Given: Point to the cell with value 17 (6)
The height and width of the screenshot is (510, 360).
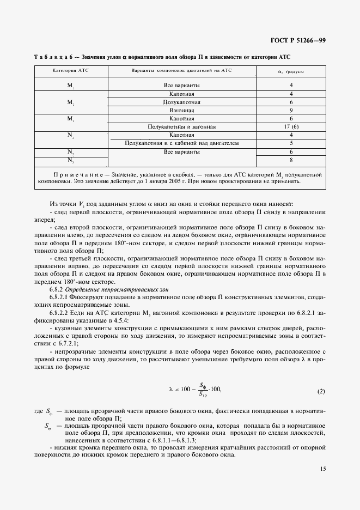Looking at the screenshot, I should coord(291,126).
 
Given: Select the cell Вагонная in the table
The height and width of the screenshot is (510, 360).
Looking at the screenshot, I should coord(182,110).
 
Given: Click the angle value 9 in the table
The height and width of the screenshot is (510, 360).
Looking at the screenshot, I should coord(291,110).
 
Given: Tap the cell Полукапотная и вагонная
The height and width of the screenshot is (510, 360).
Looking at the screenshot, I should coord(182,126).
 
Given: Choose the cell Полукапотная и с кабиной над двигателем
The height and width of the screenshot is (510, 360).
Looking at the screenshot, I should coord(182,143).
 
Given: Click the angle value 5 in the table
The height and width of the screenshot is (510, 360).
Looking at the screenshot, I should coord(291,143).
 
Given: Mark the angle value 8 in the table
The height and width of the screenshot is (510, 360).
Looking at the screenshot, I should coord(291,160).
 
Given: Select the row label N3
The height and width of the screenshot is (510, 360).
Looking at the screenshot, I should coord(70,160).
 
